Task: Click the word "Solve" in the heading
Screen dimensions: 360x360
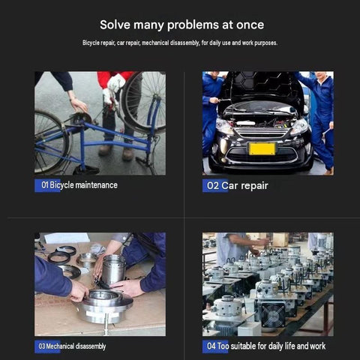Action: (115, 25)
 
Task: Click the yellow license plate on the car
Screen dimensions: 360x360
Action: (262, 148)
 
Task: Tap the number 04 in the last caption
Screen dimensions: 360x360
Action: (211, 346)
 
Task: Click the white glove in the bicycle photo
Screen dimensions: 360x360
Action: (115, 83)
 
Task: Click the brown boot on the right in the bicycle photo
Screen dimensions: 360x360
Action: (127, 154)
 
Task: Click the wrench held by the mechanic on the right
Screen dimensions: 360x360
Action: (327, 131)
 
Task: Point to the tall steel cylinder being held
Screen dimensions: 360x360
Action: (114, 271)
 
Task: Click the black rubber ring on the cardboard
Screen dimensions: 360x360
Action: (59, 258)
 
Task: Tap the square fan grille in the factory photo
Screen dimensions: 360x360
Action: (273, 315)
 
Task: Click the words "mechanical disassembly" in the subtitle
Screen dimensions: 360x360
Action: (170, 43)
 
